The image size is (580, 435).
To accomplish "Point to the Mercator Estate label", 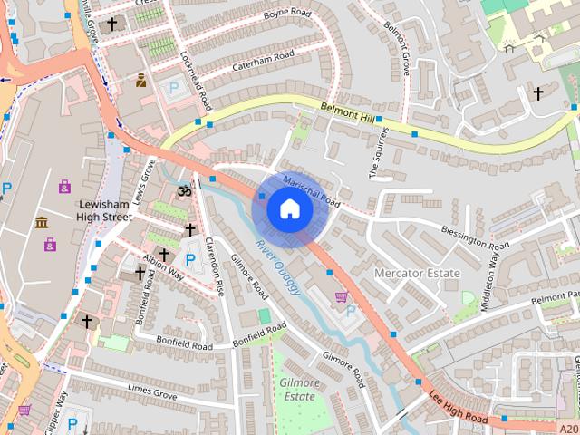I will (x=418, y=273).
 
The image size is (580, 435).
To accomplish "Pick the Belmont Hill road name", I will (x=348, y=112).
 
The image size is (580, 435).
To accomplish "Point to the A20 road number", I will (x=567, y=428).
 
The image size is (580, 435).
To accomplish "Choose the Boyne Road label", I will (x=287, y=14).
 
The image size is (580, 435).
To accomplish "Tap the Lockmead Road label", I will (x=196, y=77).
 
